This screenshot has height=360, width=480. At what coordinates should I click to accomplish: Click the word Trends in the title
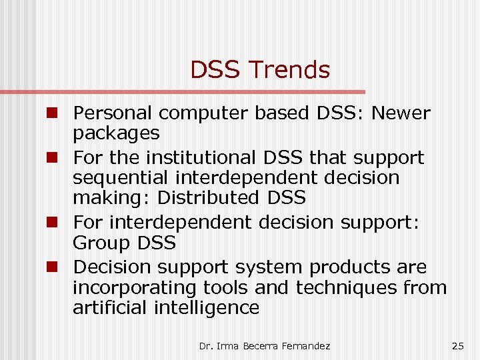click(x=291, y=69)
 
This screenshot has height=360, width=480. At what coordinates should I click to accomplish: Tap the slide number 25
click(x=457, y=345)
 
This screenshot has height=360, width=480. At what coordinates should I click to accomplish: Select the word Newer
click(x=401, y=114)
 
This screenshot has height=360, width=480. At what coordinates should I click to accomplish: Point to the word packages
click(x=116, y=134)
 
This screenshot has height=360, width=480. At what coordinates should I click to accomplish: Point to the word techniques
click(x=347, y=287)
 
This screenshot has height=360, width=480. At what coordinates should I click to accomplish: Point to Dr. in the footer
click(x=205, y=345)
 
